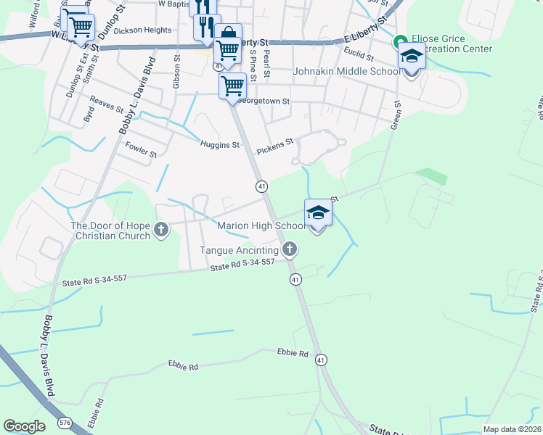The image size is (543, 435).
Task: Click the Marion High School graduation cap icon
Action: pos(318,213)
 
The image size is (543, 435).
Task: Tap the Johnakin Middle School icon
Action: pos(412,57)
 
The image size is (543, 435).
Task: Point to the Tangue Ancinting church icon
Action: pos(290,250)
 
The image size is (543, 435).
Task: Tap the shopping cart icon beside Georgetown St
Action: pos(232,85)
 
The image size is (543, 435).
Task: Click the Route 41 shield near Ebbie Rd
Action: pos(321,360)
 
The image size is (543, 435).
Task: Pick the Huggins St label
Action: pos(220,145)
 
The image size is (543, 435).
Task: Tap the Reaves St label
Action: pos(107,107)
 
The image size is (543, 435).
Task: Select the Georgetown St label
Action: pos(265,102)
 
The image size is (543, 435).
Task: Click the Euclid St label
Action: pos(359,56)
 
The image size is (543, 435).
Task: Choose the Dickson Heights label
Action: pos(143,30)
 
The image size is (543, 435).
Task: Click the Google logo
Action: pos(24,426)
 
